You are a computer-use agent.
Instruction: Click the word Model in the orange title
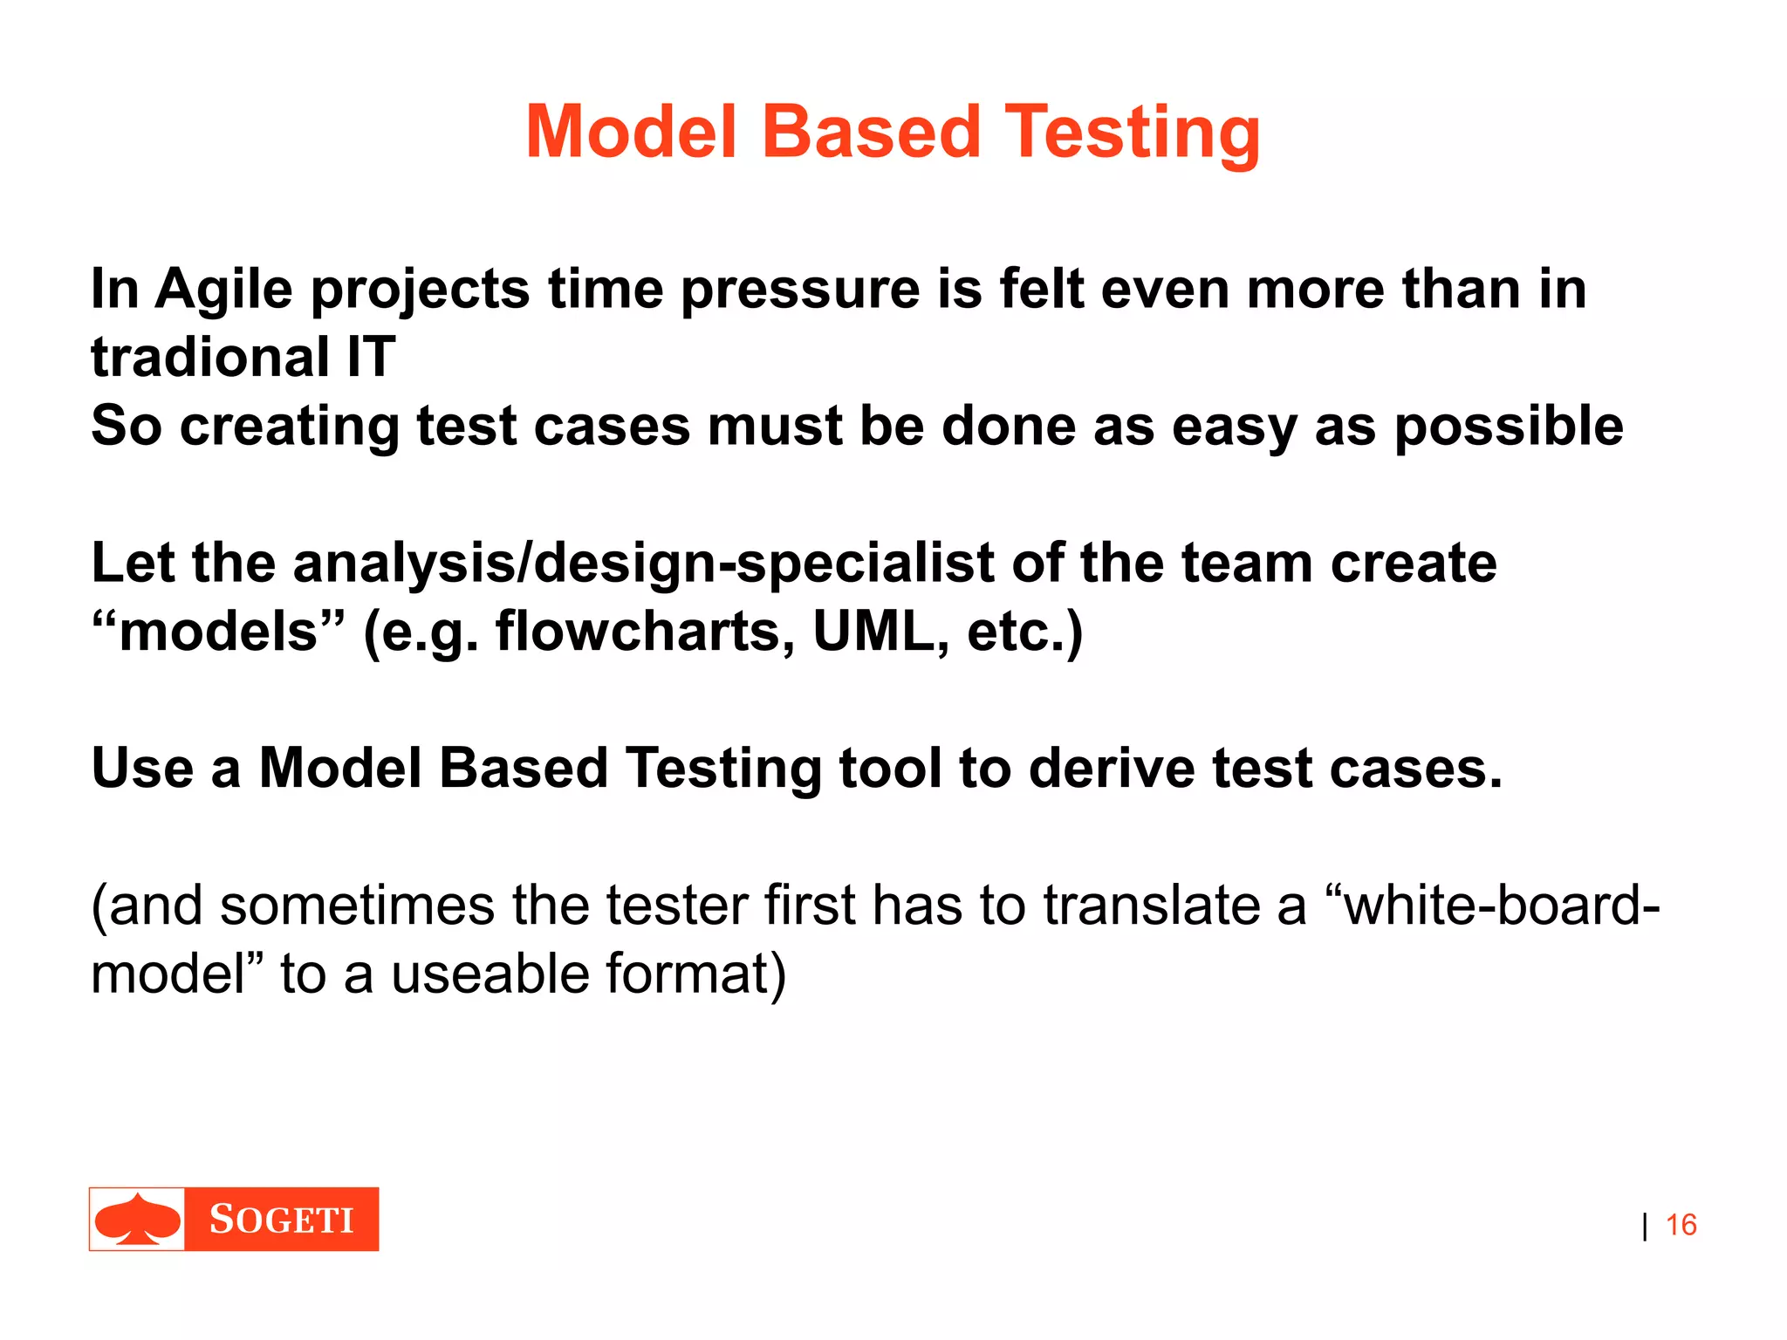click(x=632, y=132)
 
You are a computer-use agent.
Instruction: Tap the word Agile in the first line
click(x=223, y=289)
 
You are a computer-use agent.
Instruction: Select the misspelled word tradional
click(x=209, y=357)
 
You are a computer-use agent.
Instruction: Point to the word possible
click(x=1509, y=427)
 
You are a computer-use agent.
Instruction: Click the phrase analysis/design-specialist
click(x=644, y=563)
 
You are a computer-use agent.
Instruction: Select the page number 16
click(x=1681, y=1225)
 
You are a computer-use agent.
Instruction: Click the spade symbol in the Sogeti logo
click(x=137, y=1219)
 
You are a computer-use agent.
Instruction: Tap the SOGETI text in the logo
click(x=281, y=1219)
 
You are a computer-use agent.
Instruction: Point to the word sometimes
click(x=357, y=906)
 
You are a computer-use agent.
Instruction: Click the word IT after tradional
click(x=371, y=357)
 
